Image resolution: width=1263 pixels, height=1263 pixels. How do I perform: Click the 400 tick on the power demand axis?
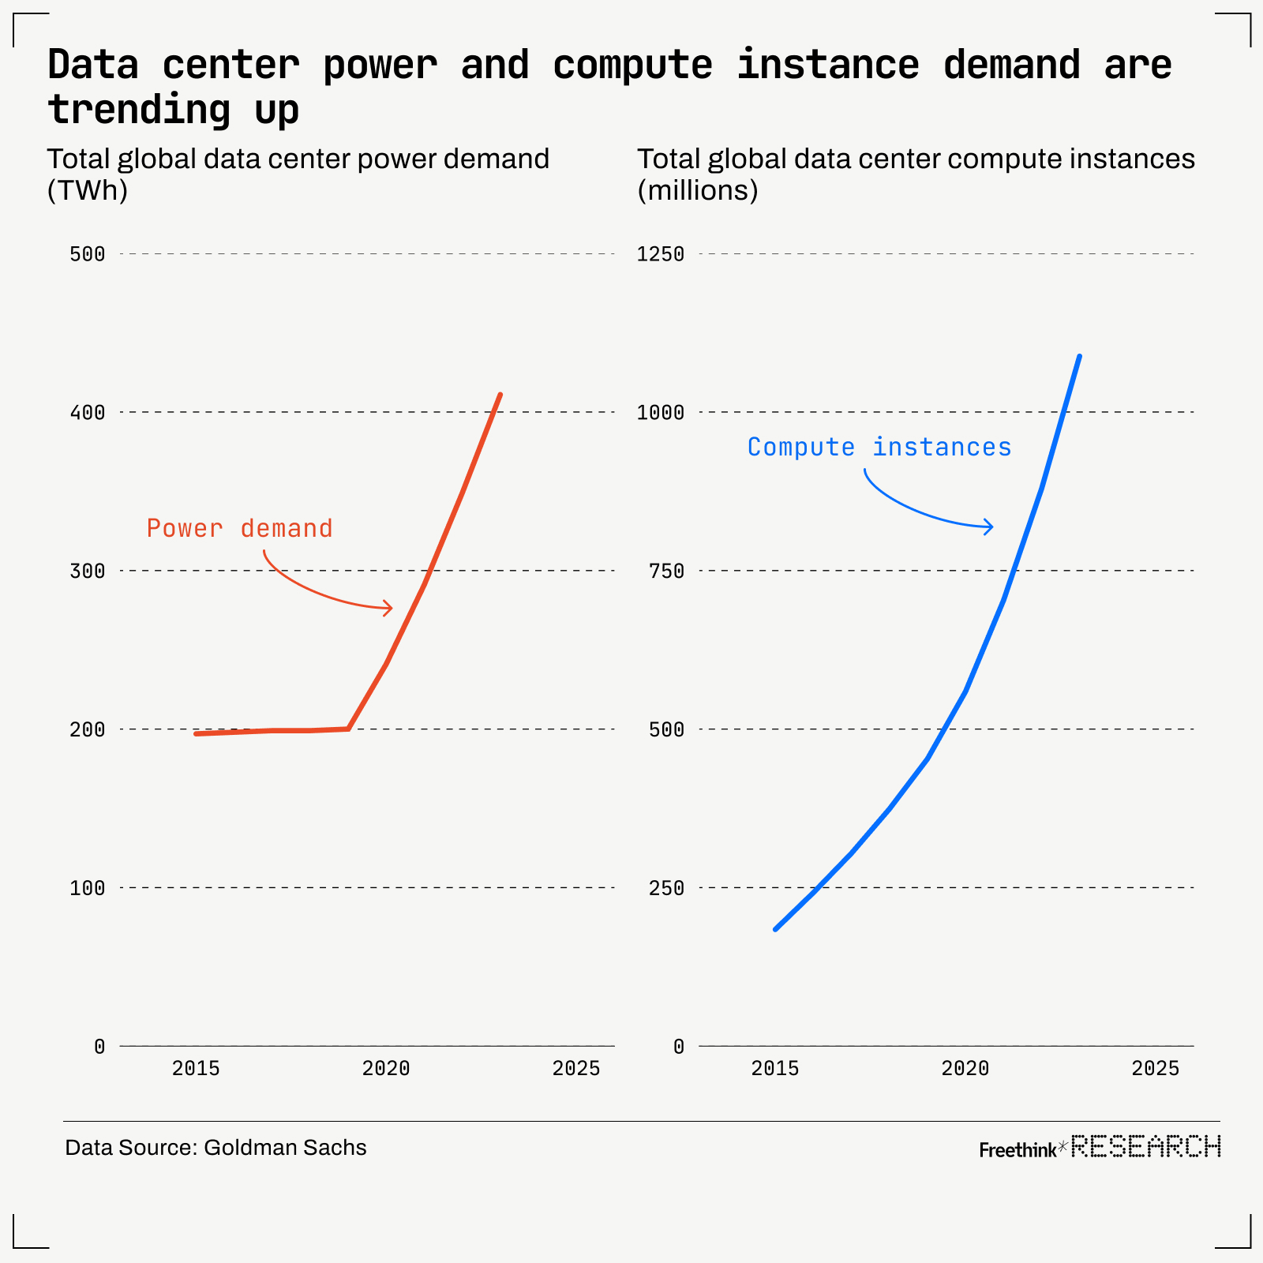(x=87, y=412)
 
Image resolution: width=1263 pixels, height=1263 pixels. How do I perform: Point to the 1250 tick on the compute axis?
(x=661, y=254)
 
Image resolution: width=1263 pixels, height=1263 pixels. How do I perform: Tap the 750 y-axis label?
(x=666, y=571)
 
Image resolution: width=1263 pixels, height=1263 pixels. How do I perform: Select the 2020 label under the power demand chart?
(x=386, y=1069)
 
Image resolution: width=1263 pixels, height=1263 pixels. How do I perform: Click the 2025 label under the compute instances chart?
(x=1155, y=1069)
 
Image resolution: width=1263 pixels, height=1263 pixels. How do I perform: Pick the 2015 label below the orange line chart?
(x=196, y=1069)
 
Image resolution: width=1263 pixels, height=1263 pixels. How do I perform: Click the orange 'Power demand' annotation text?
(x=239, y=528)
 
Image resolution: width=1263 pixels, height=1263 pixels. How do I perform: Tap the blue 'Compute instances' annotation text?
(x=879, y=448)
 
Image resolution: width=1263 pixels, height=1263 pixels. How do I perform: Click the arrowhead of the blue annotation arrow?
(x=991, y=527)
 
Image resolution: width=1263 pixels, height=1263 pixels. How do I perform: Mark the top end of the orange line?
(x=500, y=394)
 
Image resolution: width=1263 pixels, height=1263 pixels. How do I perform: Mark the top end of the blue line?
(x=1079, y=356)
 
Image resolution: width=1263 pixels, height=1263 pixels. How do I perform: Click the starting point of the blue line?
(x=775, y=929)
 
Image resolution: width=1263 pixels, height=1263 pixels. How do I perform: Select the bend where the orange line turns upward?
(x=348, y=729)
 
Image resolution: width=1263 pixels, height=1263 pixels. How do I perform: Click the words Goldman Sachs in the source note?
(x=285, y=1148)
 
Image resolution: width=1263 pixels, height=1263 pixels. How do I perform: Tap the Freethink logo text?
(x=1017, y=1150)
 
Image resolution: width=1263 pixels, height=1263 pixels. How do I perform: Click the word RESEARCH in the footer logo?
(x=1145, y=1146)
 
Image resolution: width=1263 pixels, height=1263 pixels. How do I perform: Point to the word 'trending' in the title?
(x=139, y=110)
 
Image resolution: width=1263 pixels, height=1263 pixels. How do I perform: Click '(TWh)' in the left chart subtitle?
(x=87, y=190)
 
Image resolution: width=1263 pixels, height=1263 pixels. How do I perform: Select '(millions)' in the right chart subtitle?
(x=698, y=190)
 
